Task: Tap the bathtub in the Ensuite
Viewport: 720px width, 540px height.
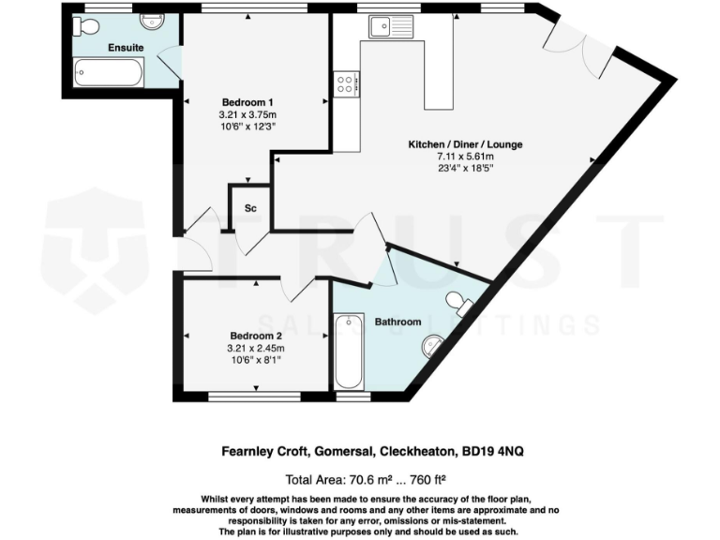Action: [x=108, y=72]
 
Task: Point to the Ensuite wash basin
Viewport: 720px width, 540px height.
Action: [x=152, y=20]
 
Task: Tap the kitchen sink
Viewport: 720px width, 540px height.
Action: [x=385, y=25]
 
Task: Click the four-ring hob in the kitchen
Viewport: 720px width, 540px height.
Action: [x=345, y=84]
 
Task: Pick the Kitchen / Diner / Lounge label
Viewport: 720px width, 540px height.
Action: [x=464, y=144]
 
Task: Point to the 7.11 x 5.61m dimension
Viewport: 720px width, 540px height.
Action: [x=464, y=157]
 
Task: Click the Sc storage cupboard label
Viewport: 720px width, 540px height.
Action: [x=250, y=207]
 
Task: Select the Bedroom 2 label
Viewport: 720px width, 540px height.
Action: [x=256, y=336]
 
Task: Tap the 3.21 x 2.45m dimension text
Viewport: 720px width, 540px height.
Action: [x=256, y=348]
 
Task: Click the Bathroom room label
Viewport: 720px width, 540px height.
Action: [x=397, y=322]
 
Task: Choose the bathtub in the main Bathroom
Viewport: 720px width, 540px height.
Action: [x=348, y=352]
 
